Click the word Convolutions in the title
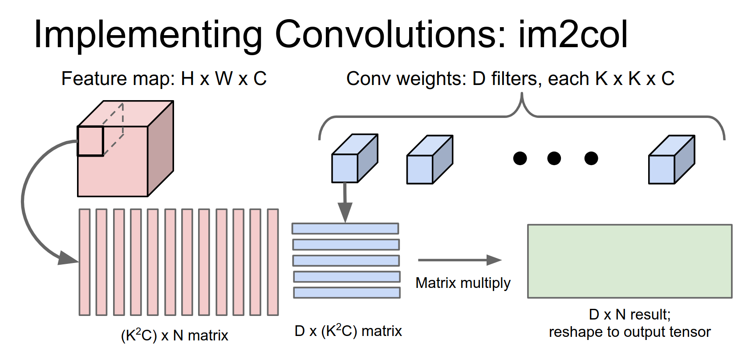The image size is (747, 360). [390, 34]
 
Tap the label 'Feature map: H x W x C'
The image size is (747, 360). [164, 79]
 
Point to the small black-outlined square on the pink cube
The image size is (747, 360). [90, 141]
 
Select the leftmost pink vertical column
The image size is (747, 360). [85, 262]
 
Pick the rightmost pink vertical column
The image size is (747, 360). [273, 262]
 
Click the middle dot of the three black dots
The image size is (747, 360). [554, 158]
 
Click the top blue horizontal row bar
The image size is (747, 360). [345, 228]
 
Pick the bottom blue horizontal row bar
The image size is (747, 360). [347, 292]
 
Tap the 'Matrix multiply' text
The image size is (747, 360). [463, 283]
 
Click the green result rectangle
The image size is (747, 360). [629, 261]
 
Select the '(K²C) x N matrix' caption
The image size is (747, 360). [175, 335]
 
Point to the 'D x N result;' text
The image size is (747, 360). [629, 315]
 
